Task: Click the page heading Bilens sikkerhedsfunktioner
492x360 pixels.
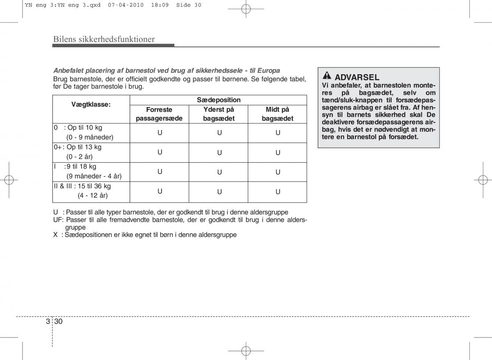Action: [x=104, y=39]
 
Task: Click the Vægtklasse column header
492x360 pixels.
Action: [x=91, y=105]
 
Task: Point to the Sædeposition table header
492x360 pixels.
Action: [x=219, y=100]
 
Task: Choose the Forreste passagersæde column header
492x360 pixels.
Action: [x=159, y=114]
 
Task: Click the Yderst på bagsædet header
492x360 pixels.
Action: [x=219, y=114]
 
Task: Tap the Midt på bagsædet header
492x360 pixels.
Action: [x=278, y=114]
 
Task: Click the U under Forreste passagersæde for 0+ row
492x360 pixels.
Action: [x=160, y=152]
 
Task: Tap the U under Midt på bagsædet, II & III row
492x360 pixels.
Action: [x=278, y=191]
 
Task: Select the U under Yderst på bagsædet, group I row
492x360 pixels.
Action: [x=219, y=172]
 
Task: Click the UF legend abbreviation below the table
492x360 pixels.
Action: [x=57, y=220]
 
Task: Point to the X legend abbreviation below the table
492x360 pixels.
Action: [x=55, y=235]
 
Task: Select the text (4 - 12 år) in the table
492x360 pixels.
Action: [x=93, y=196]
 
